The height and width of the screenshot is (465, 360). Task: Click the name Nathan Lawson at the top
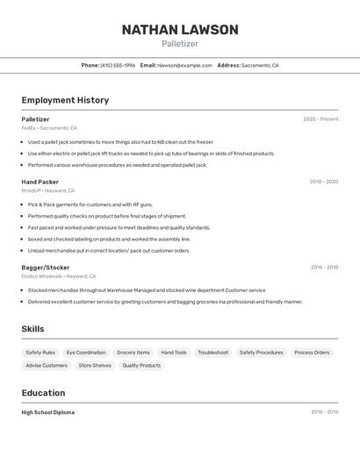click(180, 30)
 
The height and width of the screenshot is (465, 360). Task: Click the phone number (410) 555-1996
click(118, 65)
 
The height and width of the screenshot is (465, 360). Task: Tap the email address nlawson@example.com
click(184, 65)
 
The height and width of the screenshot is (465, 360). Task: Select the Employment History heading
click(65, 100)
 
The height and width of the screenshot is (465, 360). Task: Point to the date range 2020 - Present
click(320, 119)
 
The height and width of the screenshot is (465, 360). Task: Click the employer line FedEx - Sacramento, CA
click(49, 128)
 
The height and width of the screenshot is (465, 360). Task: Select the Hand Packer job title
click(40, 182)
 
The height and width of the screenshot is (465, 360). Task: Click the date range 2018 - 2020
click(324, 182)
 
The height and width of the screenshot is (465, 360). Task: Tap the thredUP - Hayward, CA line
click(48, 190)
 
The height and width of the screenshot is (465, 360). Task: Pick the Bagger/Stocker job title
click(46, 267)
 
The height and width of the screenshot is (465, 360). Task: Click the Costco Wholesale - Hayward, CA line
click(59, 276)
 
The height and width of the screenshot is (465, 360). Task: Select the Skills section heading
click(32, 329)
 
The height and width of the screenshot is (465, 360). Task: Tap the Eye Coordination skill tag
click(86, 353)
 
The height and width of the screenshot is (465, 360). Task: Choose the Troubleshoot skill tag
click(212, 353)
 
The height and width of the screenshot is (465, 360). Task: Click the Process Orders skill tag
click(312, 353)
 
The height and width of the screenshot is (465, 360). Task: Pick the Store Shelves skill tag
click(95, 365)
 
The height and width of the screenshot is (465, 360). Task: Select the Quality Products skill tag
click(141, 365)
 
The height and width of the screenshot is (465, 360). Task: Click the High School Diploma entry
click(48, 412)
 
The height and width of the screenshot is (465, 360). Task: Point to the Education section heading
click(43, 393)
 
